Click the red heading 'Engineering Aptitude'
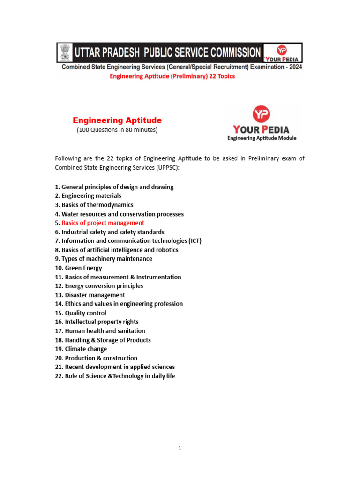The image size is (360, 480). click(117, 120)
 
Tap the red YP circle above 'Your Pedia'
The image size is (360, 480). click(261, 114)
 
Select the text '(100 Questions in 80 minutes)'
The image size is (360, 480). click(117, 130)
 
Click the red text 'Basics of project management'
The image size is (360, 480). click(103, 223)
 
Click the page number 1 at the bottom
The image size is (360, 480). click(180, 448)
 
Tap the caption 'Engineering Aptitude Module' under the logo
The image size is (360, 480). click(262, 138)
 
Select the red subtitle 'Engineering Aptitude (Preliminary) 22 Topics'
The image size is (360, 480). click(172, 76)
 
